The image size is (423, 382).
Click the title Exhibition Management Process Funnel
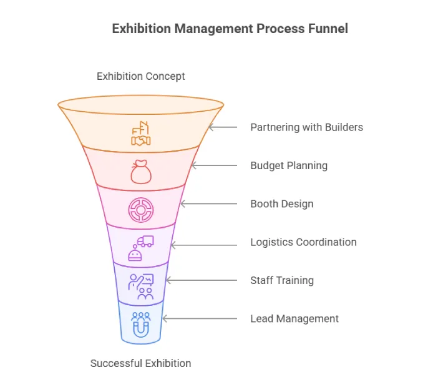(230, 29)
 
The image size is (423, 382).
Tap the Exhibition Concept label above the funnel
(141, 76)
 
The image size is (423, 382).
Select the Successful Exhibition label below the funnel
(141, 363)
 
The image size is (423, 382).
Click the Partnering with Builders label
(306, 127)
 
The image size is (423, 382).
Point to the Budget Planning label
(289, 165)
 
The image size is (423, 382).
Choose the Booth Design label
(282, 204)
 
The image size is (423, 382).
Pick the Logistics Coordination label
(303, 242)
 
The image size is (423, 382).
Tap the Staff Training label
(282, 280)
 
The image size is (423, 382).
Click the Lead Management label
(294, 319)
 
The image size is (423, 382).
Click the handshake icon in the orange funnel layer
(141, 135)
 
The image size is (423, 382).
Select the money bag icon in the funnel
(141, 171)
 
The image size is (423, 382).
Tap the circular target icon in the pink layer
(141, 210)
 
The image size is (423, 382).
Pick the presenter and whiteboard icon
(141, 286)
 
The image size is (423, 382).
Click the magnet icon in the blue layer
(141, 325)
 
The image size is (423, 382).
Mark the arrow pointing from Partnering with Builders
(223, 127)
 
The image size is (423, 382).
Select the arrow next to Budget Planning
(215, 165)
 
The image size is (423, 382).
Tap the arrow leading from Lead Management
(200, 319)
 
